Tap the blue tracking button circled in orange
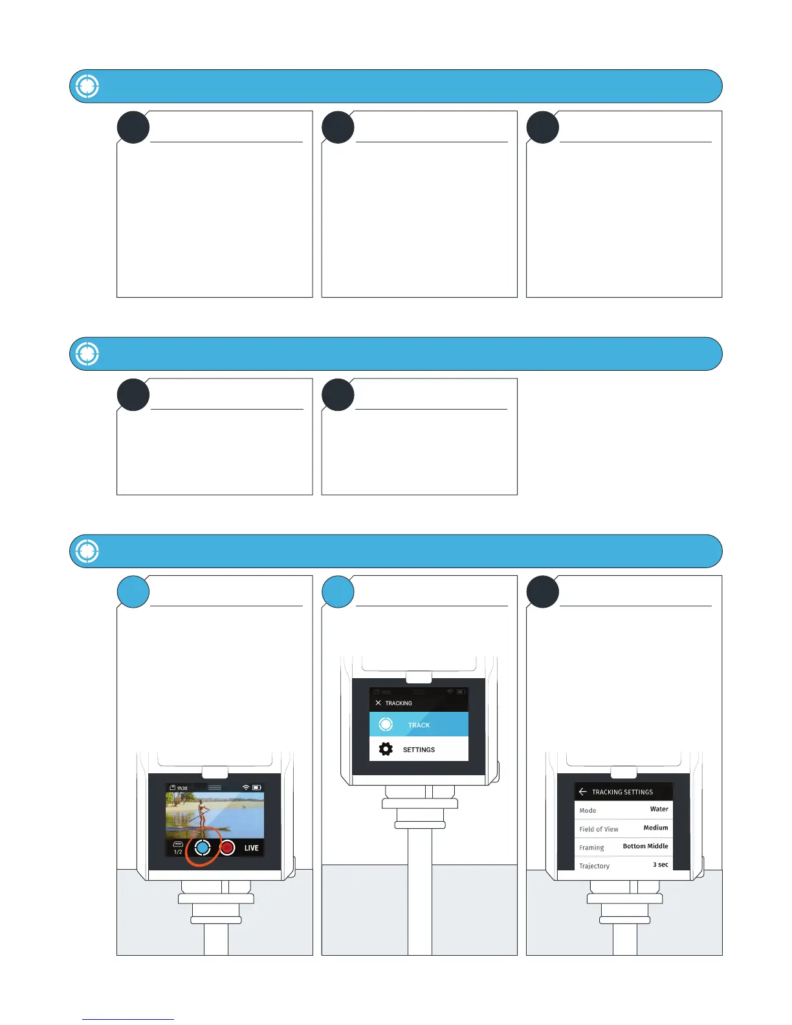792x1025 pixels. [x=203, y=848]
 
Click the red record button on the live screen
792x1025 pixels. [x=227, y=848]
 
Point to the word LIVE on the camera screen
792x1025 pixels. [x=251, y=848]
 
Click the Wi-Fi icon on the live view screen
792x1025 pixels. [x=246, y=788]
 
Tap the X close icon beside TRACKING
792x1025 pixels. [x=379, y=703]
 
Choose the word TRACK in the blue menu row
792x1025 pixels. [x=419, y=725]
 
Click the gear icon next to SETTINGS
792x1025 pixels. [x=386, y=749]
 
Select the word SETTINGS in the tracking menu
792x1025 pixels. [x=419, y=750]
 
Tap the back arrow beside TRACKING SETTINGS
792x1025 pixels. [x=582, y=791]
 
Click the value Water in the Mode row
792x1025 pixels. [x=659, y=809]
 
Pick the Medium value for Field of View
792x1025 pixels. [x=655, y=828]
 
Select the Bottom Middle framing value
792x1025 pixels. [x=645, y=846]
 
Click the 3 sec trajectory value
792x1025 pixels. [x=660, y=865]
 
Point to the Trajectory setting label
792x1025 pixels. [x=594, y=866]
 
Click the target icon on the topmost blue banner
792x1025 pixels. [x=87, y=86]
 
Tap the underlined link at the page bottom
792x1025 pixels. [x=128, y=1019]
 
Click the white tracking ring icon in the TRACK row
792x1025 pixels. [x=386, y=725]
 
